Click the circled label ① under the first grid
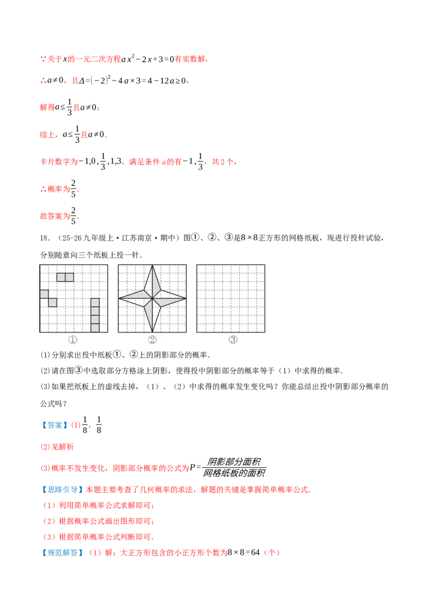point(73,340)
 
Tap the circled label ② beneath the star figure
point(152,340)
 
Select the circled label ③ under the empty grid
point(233,340)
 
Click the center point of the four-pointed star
point(152,298)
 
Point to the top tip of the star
point(152,266)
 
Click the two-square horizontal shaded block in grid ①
point(65,277)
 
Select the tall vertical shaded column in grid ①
point(95,315)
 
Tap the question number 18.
point(45,238)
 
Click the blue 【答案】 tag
point(54,425)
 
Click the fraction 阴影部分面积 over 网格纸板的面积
point(234,468)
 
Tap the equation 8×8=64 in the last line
point(244,553)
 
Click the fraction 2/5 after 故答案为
point(73,216)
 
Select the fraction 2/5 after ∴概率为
point(73,189)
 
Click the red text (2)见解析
point(57,447)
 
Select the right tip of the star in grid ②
point(186,298)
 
